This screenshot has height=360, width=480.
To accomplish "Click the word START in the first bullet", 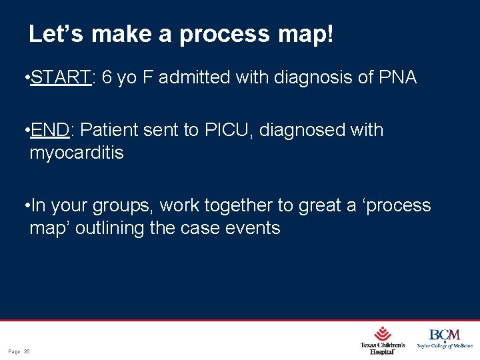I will pos(61,78).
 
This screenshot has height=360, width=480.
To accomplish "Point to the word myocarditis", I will pos(77,153).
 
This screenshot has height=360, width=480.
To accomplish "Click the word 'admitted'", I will pos(193,78).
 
